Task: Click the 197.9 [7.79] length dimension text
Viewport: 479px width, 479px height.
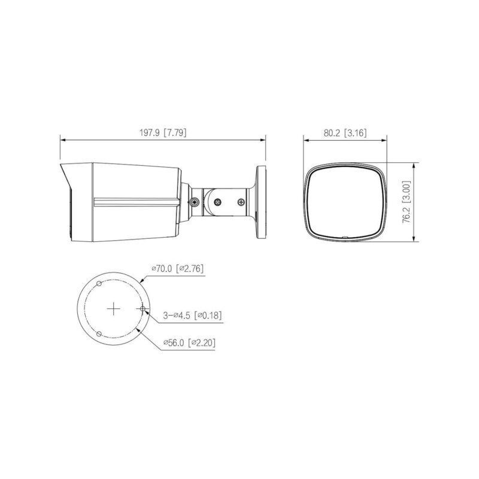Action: pos(162,133)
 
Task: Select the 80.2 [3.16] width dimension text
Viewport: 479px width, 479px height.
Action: pos(345,133)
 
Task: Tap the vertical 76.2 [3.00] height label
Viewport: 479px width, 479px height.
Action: pos(407,202)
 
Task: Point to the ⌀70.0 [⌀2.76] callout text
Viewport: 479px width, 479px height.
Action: pos(177,269)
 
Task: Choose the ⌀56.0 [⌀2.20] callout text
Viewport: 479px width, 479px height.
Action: pos(190,343)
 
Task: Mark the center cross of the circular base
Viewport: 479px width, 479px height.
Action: pos(114,309)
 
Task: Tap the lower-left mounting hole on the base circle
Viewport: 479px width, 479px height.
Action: pos(99,334)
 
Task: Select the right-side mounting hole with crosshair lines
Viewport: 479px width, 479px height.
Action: pos(142,309)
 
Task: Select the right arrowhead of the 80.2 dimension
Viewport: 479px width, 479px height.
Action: pos(384,140)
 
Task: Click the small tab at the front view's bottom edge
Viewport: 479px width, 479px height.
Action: pos(345,238)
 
